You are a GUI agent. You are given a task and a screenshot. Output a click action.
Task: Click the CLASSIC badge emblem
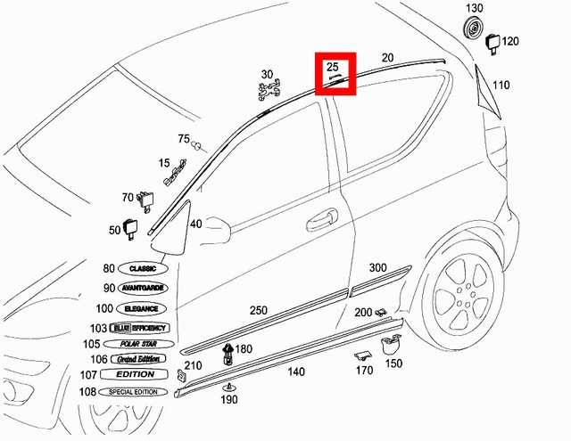[x=143, y=268]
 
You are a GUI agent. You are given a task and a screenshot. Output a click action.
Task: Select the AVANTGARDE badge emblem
[x=144, y=289]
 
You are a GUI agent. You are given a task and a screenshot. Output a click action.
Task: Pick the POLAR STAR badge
[x=135, y=343]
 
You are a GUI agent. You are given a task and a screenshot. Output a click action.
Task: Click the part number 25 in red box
[x=333, y=67]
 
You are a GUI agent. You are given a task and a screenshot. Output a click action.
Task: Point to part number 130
[x=473, y=8]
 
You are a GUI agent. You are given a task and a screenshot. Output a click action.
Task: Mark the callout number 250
[x=258, y=310]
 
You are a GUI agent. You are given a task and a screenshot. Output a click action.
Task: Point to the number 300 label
[x=377, y=268]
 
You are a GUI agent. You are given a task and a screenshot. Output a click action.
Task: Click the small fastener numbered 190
[x=230, y=388]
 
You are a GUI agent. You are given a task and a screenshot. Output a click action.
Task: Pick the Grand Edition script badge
[x=135, y=359]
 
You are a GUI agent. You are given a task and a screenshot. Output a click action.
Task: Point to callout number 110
[x=501, y=86]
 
